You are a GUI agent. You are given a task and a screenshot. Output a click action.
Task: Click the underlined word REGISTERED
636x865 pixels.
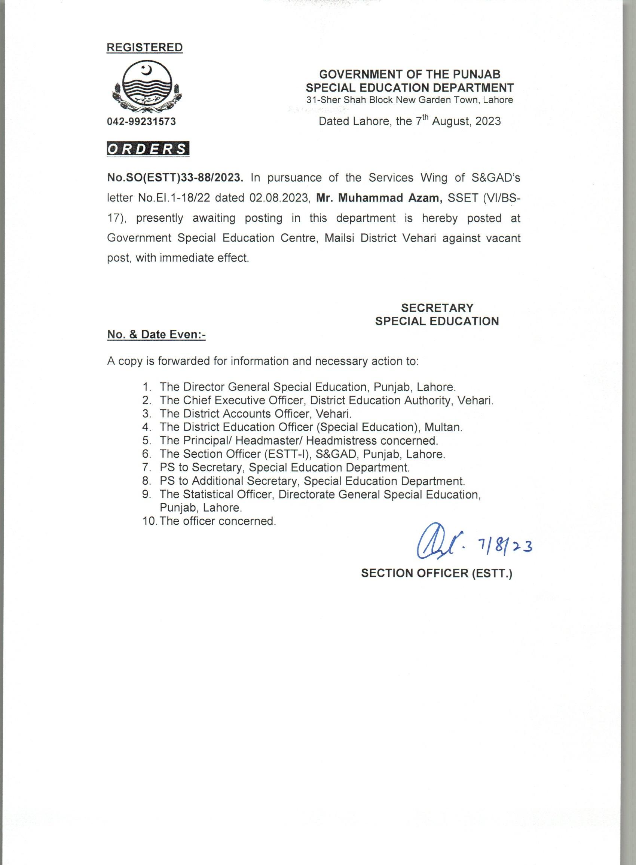[144, 48]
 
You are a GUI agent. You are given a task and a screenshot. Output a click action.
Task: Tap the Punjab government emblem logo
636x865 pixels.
[146, 88]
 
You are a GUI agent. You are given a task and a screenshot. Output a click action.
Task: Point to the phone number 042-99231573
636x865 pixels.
[141, 122]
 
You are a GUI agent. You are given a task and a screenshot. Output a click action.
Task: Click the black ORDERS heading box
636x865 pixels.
[148, 149]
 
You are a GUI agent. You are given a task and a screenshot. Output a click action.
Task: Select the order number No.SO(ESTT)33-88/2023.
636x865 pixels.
[175, 178]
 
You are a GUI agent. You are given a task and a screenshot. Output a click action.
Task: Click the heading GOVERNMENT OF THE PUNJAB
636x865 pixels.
[410, 74]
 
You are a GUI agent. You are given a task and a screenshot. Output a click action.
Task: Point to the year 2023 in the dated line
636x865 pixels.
[488, 122]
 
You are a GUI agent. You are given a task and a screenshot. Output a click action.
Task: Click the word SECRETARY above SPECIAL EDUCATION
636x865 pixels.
[437, 308]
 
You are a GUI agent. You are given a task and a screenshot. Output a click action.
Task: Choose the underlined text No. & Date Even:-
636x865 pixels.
[157, 335]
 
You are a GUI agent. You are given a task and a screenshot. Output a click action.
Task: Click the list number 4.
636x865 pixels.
[146, 427]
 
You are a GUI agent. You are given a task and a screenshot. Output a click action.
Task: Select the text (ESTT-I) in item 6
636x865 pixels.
[288, 454]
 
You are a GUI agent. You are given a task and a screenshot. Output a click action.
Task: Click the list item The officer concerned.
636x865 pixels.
[218, 521]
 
